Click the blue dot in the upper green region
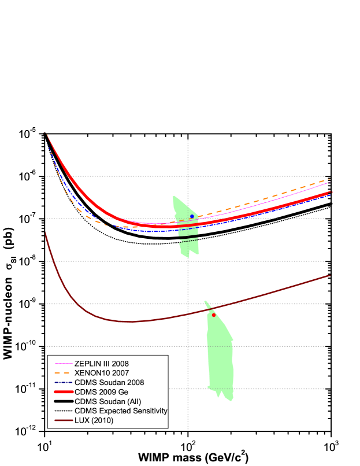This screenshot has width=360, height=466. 192,216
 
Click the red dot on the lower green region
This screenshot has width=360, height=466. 214,315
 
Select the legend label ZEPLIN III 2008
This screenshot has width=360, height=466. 102,364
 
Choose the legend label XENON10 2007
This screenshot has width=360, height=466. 102,373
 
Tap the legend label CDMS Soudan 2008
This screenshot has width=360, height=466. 109,383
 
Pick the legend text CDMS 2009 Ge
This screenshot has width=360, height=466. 101,392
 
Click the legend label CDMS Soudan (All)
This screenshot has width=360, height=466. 107,401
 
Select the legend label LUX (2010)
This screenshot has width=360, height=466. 94,420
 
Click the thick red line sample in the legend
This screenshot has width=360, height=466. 62,392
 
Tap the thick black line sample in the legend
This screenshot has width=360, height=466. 62,401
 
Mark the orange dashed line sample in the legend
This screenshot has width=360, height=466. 62,373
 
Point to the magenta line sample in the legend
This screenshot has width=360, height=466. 62,364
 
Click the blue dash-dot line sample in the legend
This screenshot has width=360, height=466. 62,383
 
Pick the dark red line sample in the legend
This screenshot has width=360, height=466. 62,420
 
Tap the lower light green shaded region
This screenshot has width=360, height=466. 220,358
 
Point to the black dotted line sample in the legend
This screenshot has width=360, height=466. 62,411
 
